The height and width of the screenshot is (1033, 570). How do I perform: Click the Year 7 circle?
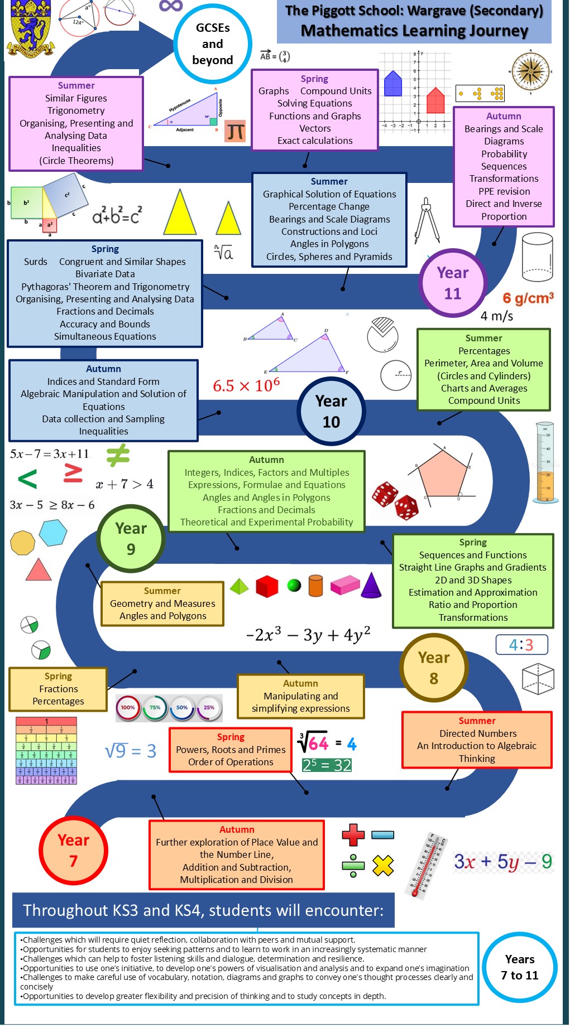(73, 850)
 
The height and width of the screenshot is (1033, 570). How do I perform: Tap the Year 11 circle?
(453, 283)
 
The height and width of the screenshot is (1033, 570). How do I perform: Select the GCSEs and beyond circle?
(213, 44)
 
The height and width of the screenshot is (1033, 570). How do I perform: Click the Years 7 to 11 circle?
(520, 967)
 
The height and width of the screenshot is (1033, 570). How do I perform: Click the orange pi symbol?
(236, 132)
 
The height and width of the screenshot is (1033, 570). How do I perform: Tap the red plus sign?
(353, 835)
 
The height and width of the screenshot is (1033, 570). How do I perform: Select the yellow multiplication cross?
(383, 865)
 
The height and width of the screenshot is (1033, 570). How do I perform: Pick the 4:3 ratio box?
(521, 645)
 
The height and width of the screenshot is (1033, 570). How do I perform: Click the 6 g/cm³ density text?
(528, 298)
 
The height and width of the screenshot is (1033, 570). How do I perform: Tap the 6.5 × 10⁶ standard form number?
(246, 385)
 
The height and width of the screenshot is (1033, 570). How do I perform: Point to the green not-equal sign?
(118, 455)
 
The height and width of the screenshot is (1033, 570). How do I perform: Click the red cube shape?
(267, 586)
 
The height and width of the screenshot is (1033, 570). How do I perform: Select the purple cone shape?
(371, 585)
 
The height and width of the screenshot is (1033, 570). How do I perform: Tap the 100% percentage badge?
(128, 707)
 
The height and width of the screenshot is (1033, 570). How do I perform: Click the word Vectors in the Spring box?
(315, 128)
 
